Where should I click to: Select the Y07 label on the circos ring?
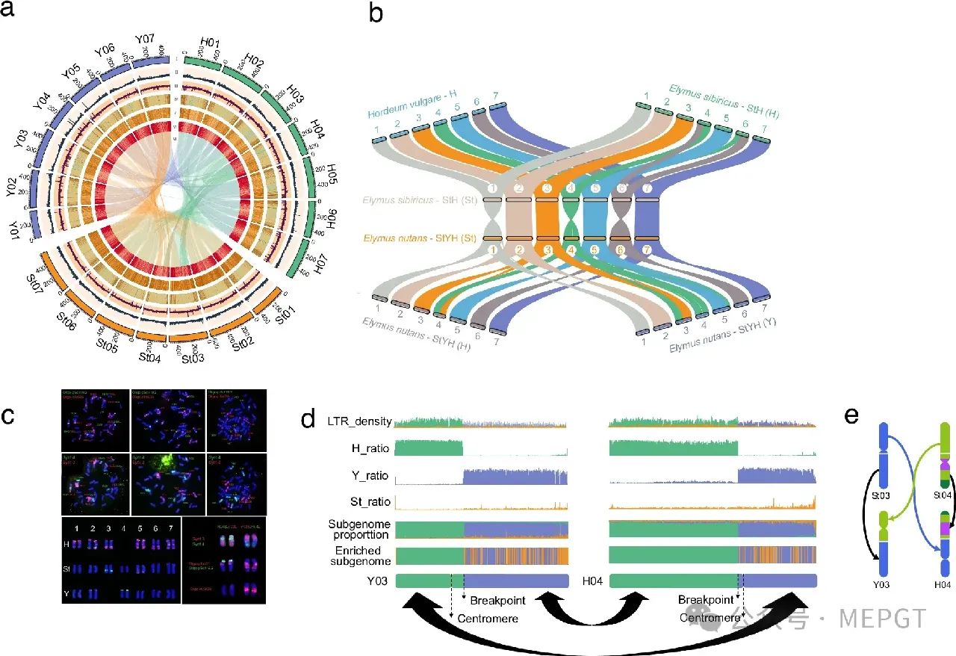click(x=146, y=40)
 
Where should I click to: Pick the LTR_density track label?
click(x=359, y=421)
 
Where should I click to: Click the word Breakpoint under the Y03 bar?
click(x=498, y=601)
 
